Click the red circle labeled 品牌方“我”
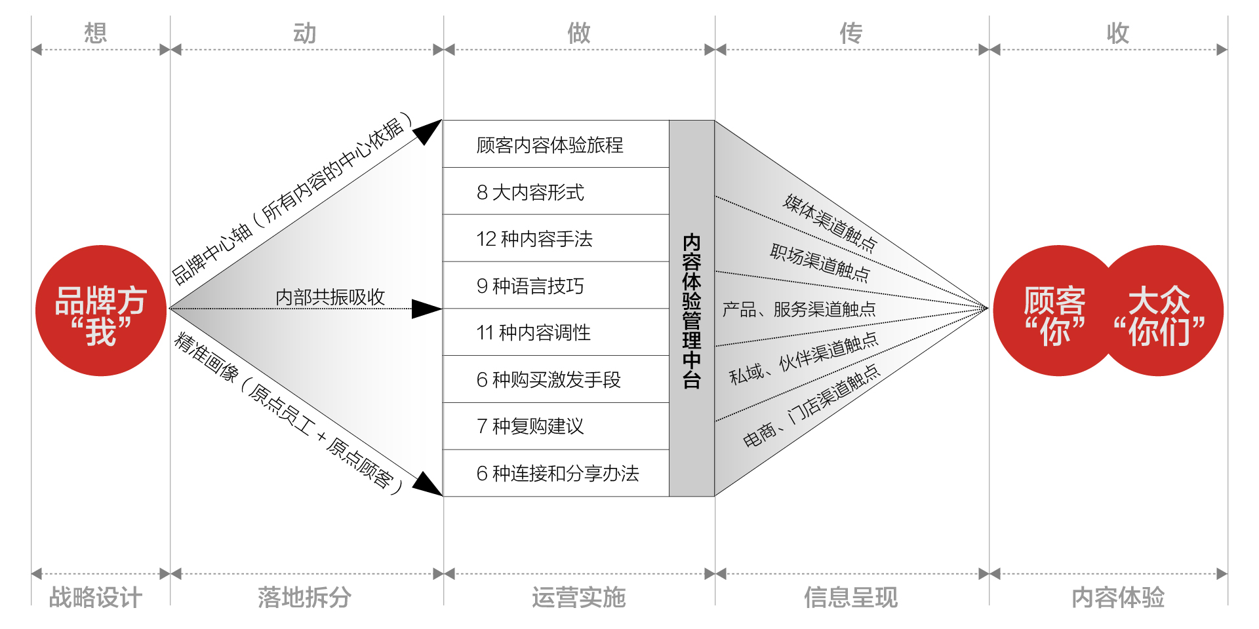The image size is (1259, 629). pos(100,311)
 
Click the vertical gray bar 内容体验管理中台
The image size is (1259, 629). pos(692,309)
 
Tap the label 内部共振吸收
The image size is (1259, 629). pos(330,297)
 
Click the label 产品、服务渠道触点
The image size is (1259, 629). pos(799,309)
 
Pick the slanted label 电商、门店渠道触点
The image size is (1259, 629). pos(811,407)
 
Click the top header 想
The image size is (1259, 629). pos(96,33)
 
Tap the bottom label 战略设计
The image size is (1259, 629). pos(96,597)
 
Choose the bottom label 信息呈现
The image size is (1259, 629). pos(851,597)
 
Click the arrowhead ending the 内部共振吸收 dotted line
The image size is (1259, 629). pos(426,309)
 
